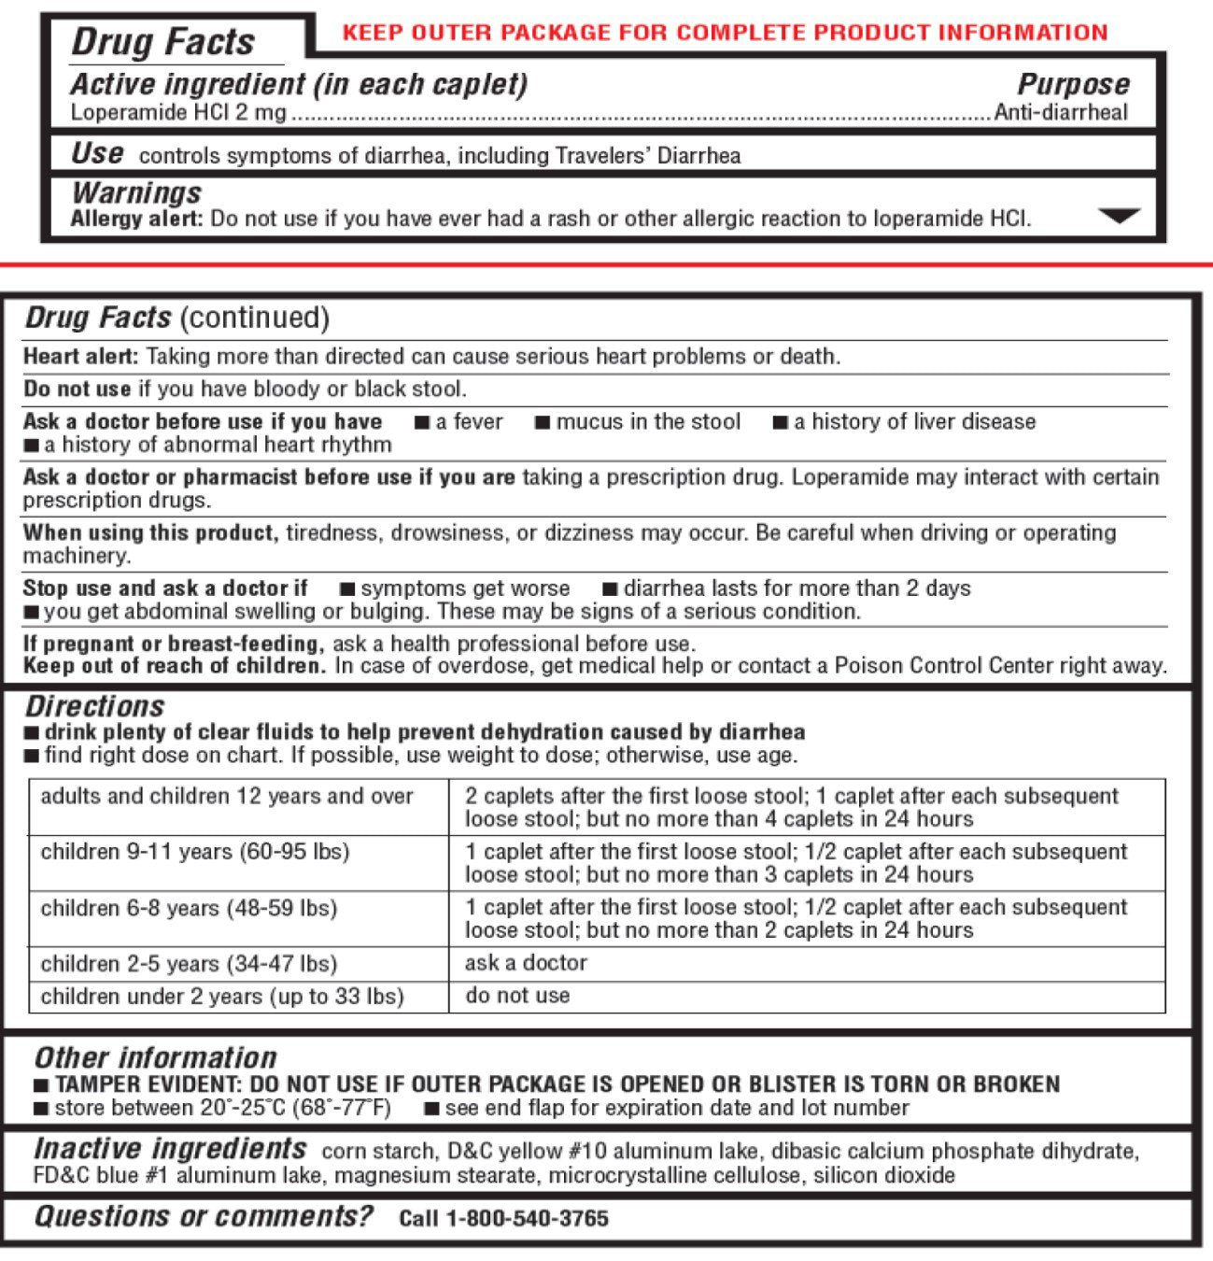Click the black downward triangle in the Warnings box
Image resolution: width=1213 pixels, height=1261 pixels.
tap(1119, 217)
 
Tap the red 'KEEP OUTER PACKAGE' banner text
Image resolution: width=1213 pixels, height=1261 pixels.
tap(725, 33)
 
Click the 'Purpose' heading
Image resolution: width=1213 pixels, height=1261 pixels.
tap(1073, 84)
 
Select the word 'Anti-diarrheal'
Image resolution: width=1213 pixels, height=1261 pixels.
tap(1061, 113)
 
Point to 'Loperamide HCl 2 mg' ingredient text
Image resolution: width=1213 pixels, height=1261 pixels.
tap(178, 114)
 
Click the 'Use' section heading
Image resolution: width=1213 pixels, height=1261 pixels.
tap(97, 153)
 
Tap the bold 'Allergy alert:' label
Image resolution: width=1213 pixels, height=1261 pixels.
tap(136, 220)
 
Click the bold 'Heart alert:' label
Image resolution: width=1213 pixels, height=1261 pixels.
tap(81, 356)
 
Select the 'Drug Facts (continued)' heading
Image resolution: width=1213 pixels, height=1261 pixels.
tap(177, 318)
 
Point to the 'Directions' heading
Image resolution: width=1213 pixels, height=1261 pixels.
tap(94, 706)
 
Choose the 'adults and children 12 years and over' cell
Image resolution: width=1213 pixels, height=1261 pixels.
tap(227, 797)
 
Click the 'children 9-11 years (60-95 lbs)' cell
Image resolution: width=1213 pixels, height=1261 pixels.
tap(195, 852)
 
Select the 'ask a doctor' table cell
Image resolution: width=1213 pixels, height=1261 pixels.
tap(526, 963)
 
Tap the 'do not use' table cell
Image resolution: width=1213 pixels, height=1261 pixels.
tap(517, 996)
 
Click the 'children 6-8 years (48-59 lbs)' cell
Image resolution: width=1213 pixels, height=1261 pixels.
tap(189, 908)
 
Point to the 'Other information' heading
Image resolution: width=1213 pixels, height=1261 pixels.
tap(155, 1057)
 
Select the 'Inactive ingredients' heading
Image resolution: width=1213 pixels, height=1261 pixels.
tap(170, 1148)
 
